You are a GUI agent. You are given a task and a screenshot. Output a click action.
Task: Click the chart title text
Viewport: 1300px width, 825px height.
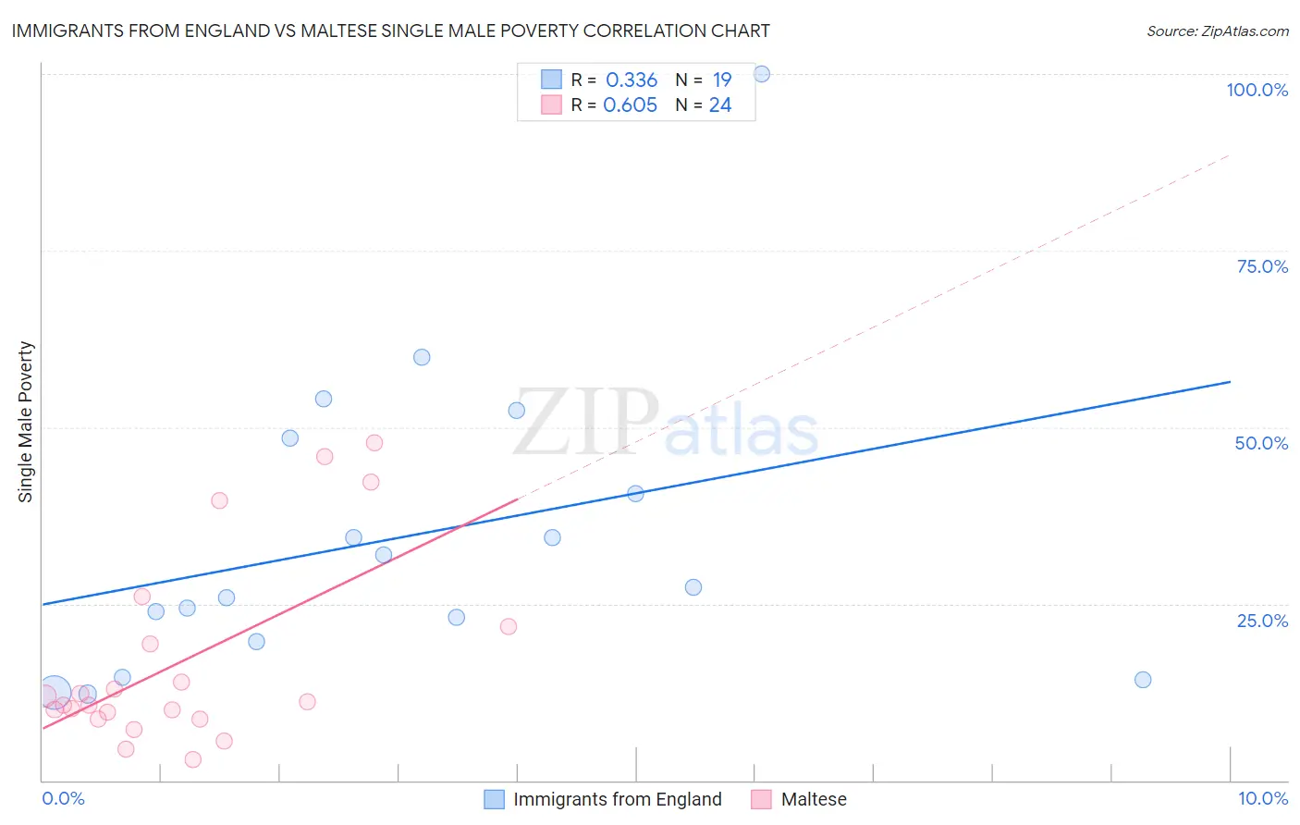pos(390,31)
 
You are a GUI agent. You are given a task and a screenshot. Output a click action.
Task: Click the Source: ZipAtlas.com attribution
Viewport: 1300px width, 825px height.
pos(1217,31)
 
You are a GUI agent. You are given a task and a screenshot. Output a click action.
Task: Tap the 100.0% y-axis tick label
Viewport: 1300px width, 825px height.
pos(1257,90)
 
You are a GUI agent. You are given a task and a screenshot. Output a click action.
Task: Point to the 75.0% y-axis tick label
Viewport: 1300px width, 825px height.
pos(1262,266)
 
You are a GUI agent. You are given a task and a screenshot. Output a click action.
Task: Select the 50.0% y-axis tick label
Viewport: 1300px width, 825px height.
pos(1261,443)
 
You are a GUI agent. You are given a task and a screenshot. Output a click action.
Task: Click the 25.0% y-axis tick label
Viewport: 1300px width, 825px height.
pos(1262,621)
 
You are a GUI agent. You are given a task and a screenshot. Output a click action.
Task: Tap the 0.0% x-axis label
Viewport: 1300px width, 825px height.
pos(63,798)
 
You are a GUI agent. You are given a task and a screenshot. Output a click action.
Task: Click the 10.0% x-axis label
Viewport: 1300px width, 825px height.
pos(1262,798)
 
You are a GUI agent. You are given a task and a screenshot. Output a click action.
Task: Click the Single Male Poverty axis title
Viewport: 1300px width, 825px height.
pos(26,422)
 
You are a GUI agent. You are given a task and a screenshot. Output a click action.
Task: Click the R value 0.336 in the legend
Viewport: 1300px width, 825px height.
pos(631,80)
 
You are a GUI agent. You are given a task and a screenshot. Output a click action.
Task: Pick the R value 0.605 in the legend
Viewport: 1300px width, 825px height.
pos(630,105)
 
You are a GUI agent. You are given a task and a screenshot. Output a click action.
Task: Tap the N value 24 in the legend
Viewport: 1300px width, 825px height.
pos(720,105)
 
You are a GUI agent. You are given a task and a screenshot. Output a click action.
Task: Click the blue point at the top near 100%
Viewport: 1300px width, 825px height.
pos(762,74)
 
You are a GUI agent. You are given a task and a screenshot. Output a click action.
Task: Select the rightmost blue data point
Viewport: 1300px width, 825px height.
pos(1143,680)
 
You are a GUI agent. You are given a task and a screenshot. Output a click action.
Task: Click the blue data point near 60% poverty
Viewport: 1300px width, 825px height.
pos(422,357)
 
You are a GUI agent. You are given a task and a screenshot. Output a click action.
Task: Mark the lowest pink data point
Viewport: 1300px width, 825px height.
pos(193,759)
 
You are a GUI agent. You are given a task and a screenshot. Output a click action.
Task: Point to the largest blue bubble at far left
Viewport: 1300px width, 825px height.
pos(54,692)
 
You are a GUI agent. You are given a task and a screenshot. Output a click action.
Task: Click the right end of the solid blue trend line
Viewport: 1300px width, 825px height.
pos(1230,382)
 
